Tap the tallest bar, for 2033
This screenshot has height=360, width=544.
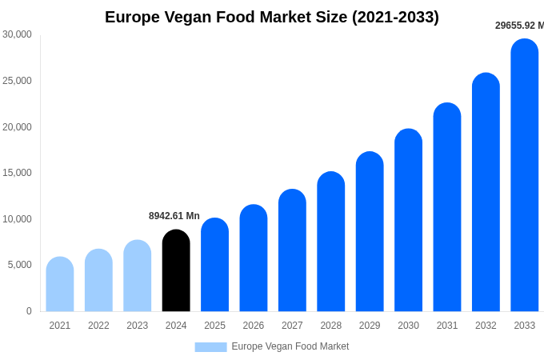(x=525, y=175)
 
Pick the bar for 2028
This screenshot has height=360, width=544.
(x=331, y=242)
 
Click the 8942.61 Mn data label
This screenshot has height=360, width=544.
(x=174, y=216)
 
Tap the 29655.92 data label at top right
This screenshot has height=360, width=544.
(x=518, y=26)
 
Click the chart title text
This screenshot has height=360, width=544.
(x=272, y=17)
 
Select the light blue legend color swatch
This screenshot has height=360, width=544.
(x=210, y=346)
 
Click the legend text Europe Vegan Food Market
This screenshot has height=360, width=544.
(x=290, y=346)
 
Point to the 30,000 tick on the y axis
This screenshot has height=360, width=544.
(x=17, y=34)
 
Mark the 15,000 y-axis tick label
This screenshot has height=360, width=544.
(x=17, y=173)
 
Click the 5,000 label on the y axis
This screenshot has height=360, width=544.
(x=19, y=265)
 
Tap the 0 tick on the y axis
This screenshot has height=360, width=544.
(x=29, y=311)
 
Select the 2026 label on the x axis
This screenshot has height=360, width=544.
(x=254, y=326)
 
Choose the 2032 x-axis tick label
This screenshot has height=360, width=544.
(x=486, y=326)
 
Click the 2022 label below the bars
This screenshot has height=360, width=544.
(x=98, y=326)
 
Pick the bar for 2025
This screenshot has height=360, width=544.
(x=214, y=265)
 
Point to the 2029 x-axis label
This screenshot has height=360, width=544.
(x=370, y=326)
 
